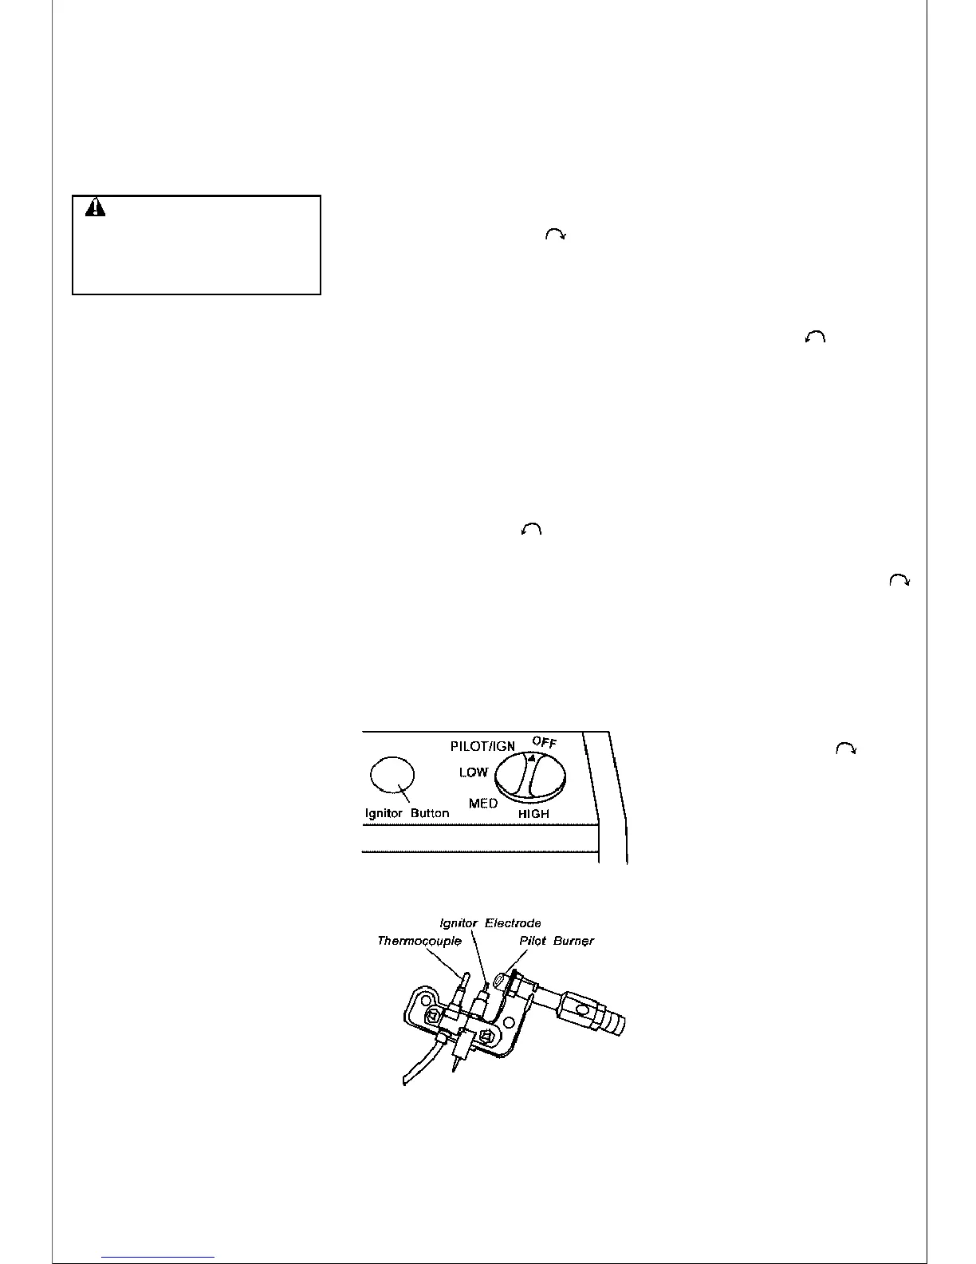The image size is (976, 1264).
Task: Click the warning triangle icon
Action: [96, 207]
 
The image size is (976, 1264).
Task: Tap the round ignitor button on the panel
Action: [392, 776]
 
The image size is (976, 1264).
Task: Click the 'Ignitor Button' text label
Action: [407, 813]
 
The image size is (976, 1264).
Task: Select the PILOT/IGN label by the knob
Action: [482, 747]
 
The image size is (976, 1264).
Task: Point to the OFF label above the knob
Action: [545, 741]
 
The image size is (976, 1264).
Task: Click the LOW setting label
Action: [473, 772]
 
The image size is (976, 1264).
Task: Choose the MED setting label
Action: [483, 803]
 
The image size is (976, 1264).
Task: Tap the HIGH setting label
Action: [533, 814]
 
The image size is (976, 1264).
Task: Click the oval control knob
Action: [530, 776]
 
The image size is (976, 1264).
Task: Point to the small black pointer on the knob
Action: [532, 756]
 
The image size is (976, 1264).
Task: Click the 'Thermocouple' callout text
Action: [419, 942]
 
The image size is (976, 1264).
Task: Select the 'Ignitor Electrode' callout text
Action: [490, 923]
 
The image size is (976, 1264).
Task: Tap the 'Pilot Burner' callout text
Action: [557, 942]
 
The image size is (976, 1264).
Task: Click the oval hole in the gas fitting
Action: [582, 1009]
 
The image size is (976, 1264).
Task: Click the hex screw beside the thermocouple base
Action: [432, 1017]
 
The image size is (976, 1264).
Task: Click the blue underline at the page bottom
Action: [158, 1257]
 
